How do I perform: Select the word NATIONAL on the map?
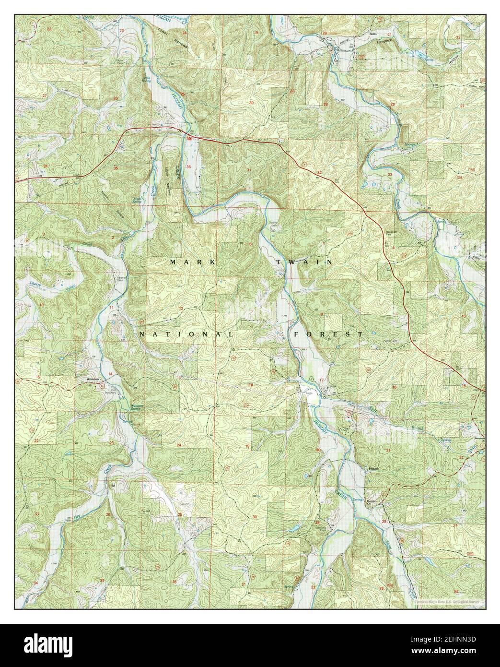click(187, 333)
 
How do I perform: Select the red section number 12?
click(181, 308)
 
